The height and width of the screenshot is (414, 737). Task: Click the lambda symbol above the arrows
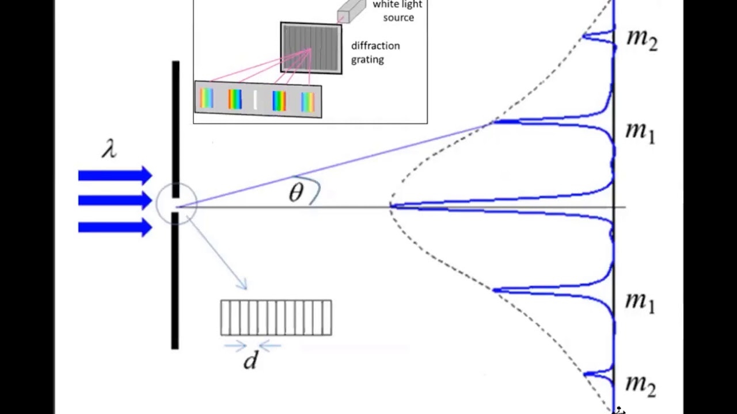point(109,148)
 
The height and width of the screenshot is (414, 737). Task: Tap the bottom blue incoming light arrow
point(115,228)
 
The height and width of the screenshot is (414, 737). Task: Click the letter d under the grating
point(250,361)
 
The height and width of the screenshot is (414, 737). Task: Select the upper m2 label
point(641,39)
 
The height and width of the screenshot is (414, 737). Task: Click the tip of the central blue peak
point(392,205)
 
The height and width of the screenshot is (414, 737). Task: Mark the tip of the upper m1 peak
point(493,122)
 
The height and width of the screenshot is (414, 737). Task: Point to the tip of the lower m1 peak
point(494,290)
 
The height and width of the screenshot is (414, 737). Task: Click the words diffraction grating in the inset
point(375,52)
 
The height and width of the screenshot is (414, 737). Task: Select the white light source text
point(397,11)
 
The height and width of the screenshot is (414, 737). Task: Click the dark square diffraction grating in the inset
point(311,48)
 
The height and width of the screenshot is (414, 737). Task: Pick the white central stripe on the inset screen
point(255,100)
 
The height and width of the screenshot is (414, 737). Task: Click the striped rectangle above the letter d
point(276,317)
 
